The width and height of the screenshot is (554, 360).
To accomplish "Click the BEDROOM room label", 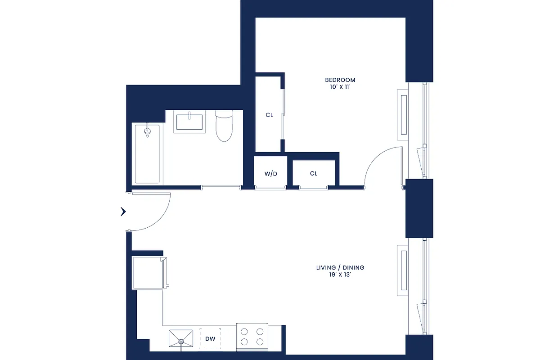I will click(x=340, y=80).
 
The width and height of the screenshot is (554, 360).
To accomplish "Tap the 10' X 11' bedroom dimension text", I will click(x=340, y=87).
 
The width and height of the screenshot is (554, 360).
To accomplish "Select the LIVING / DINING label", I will click(x=340, y=268).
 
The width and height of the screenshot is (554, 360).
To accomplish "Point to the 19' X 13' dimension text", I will click(x=340, y=275).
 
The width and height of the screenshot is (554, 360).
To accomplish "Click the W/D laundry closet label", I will click(x=270, y=174).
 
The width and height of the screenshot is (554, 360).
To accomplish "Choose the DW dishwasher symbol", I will click(x=210, y=339).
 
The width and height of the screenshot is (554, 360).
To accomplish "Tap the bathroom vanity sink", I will click(x=189, y=122).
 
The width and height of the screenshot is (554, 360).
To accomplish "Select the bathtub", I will click(x=147, y=154).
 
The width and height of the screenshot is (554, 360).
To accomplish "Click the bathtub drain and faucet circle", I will click(x=147, y=131).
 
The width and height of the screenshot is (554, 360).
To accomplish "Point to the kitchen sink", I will click(x=181, y=338).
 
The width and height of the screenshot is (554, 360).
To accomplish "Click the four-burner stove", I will click(x=252, y=337).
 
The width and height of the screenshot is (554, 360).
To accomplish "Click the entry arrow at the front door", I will click(x=123, y=211).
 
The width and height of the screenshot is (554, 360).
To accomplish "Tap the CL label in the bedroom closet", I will click(x=269, y=115).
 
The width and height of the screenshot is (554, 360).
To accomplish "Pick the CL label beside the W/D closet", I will click(x=314, y=174).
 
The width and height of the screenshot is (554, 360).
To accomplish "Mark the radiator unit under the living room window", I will click(x=403, y=270).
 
